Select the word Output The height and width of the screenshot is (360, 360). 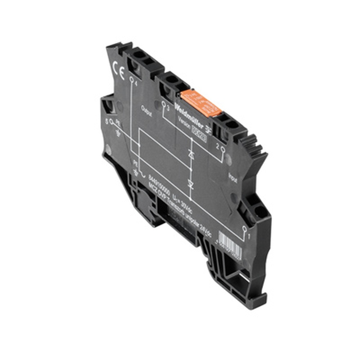[147, 111]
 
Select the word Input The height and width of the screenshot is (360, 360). [233, 177]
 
